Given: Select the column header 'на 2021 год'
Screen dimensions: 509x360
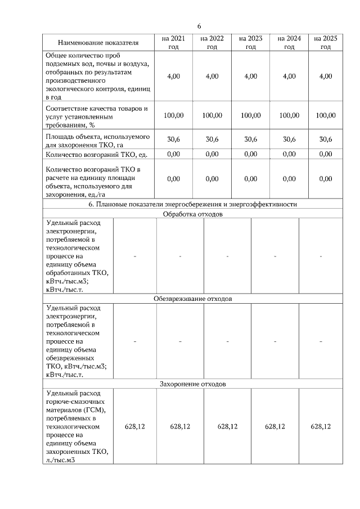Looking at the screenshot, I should coord(173,42).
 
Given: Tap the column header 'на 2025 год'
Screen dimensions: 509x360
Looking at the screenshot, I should coord(325,42).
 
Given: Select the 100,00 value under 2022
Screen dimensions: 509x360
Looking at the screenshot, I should coord(211,115).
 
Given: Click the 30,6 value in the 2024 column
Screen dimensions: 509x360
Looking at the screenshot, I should coord(289,139).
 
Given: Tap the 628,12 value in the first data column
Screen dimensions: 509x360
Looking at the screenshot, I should coord(135,427).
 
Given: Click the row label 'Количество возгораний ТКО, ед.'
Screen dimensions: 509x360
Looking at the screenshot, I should coord(96,154).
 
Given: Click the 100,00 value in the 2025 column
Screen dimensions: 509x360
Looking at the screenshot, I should coord(325,115).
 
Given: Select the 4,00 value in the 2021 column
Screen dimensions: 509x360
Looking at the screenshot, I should coord(173,76).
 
